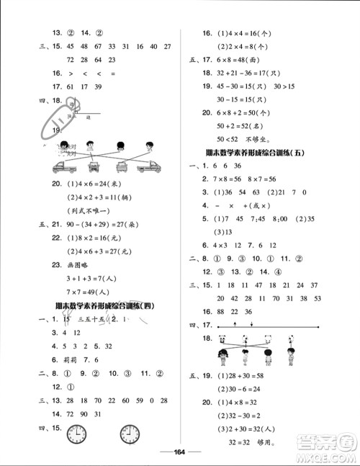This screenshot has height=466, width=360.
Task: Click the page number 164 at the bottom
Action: [x=179, y=452]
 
